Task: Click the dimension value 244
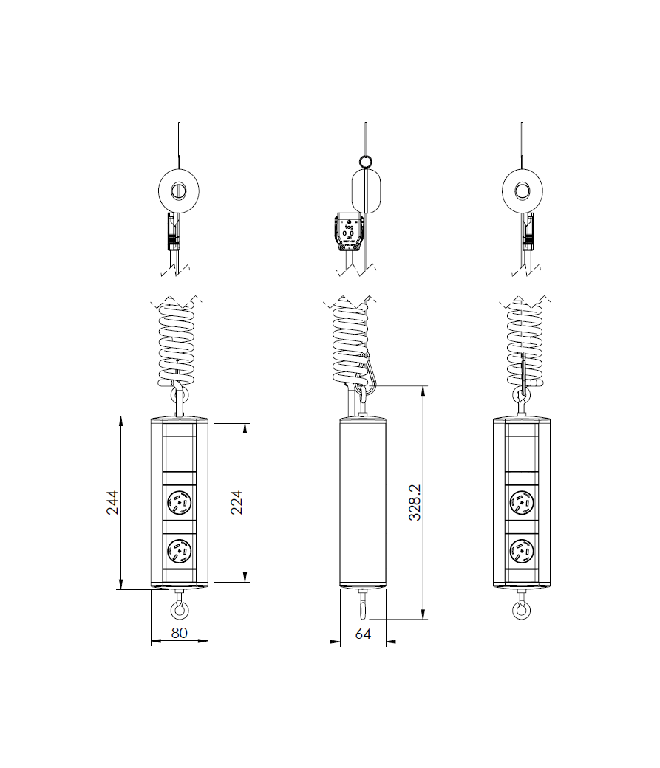tap(112, 502)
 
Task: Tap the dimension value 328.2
tap(415, 502)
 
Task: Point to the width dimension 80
tap(180, 633)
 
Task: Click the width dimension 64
tap(362, 633)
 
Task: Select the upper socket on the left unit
tap(180, 502)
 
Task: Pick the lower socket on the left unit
tap(180, 551)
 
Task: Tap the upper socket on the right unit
tap(522, 502)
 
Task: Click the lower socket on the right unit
tap(522, 551)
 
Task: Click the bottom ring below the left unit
tap(180, 610)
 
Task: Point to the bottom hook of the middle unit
tap(363, 607)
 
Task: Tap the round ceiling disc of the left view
tap(180, 191)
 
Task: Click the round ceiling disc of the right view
tap(522, 191)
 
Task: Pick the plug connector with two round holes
tap(348, 232)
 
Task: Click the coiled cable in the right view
tap(523, 343)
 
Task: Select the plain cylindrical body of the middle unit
tap(363, 502)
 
